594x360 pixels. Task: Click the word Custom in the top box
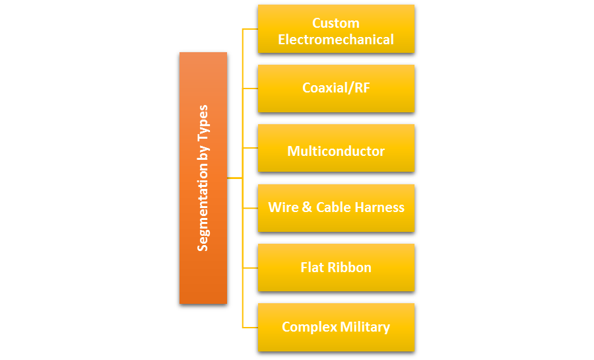coord(335,23)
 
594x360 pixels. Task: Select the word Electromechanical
coord(335,40)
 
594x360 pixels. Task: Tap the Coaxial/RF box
coord(335,88)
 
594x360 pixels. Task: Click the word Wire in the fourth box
coord(283,207)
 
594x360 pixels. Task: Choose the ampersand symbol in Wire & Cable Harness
coord(307,207)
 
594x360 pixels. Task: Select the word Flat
coord(312,268)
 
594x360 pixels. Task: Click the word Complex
coord(309,327)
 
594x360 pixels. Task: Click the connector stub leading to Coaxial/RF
coord(250,89)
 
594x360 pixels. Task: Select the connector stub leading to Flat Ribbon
coord(250,268)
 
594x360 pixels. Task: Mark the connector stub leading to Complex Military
coord(250,327)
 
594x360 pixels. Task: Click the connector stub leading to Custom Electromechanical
coord(250,29)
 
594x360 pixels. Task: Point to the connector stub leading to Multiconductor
coord(250,148)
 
